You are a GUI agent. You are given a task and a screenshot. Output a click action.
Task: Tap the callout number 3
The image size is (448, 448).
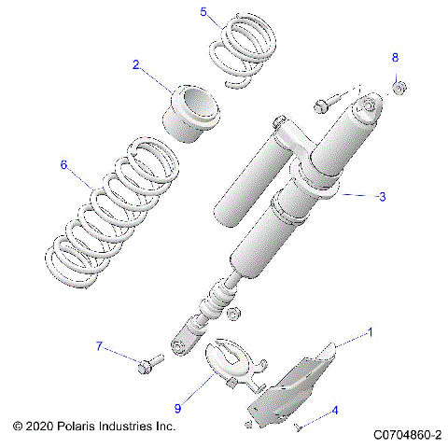pos(381,197)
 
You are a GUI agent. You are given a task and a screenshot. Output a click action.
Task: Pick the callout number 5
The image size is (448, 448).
pos(204,11)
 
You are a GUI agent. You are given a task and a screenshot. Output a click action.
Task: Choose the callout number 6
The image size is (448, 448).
pos(63,165)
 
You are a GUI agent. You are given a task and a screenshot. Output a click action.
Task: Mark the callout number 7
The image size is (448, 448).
pos(100,347)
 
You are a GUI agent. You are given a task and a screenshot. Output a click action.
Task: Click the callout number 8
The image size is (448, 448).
pos(395,58)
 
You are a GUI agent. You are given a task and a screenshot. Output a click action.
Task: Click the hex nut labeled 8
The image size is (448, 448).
pos(397,88)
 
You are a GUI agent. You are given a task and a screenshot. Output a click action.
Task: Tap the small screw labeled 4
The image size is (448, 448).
pos(298,427)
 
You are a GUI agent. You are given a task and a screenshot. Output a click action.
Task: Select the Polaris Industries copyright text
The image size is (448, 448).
pos(94,426)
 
